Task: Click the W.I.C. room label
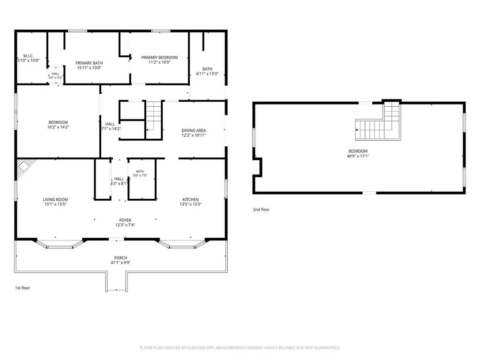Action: (29, 56)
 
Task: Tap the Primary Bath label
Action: (89, 63)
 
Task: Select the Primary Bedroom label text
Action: (159, 58)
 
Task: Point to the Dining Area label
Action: (194, 130)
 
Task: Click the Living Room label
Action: (55, 200)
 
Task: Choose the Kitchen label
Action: (191, 200)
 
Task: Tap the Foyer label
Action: (125, 220)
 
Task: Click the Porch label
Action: (120, 258)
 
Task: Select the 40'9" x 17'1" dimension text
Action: (358, 156)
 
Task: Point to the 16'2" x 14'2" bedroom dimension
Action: (58, 127)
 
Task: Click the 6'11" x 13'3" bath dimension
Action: (207, 74)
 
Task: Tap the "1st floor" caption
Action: (22, 288)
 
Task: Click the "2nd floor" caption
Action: (261, 210)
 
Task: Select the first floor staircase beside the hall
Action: (153, 120)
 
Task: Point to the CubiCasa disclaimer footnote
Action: (240, 348)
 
